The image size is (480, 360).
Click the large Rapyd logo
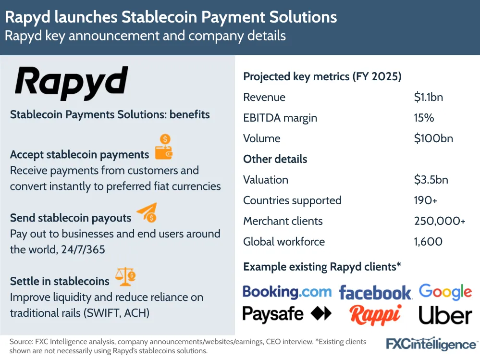click(x=72, y=84)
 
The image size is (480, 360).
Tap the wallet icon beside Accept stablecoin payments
click(x=163, y=148)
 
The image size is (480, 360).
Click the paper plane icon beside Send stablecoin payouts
click(x=147, y=212)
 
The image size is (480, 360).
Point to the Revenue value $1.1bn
click(x=428, y=97)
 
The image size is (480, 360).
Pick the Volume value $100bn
click(x=433, y=138)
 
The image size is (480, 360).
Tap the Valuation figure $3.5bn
click(x=431, y=180)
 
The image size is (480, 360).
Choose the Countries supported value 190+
click(x=425, y=200)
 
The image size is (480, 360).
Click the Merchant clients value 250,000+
click(x=440, y=221)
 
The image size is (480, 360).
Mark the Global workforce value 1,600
click(x=428, y=242)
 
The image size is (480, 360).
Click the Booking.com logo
click(x=287, y=292)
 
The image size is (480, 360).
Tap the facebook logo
click(x=375, y=292)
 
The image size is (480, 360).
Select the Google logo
click(x=445, y=292)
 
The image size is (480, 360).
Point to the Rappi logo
click(x=375, y=315)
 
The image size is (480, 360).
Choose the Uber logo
click(x=445, y=315)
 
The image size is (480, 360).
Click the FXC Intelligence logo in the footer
click(x=431, y=344)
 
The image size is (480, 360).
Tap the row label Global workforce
click(x=284, y=242)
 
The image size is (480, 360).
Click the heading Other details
click(x=275, y=159)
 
